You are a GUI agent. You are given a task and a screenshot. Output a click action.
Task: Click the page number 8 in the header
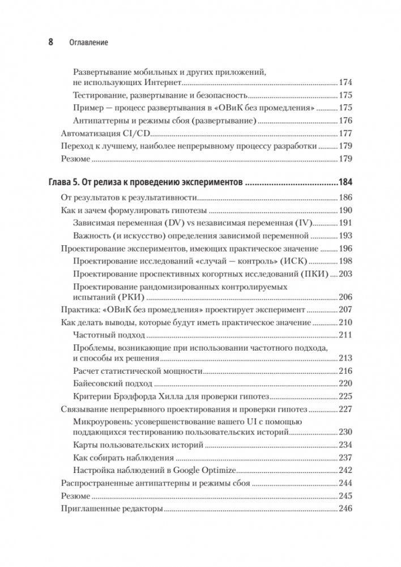coord(50,42)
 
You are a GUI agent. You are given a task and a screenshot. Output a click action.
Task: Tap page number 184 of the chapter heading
coord(345,182)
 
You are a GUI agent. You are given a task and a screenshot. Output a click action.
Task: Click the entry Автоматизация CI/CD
coord(107,134)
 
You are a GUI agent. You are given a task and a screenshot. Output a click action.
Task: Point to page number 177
coord(345,134)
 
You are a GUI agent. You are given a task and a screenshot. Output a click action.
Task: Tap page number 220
coord(345,383)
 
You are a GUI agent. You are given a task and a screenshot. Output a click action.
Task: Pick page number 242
coord(345,470)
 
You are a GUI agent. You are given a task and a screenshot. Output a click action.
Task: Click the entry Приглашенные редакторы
coord(112,509)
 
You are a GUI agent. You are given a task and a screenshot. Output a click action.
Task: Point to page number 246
coord(345,509)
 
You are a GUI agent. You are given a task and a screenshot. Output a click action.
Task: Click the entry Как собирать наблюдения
coord(121,457)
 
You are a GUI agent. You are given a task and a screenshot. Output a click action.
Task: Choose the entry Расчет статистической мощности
coord(138,370)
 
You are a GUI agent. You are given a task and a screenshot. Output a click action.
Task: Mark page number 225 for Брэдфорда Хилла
coord(345,397)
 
